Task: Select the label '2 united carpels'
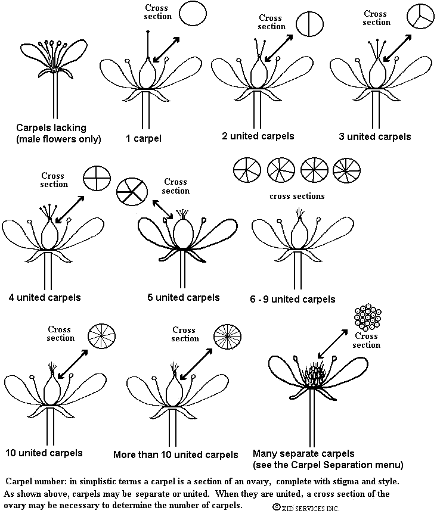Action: [x=258, y=136]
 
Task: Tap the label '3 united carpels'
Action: [x=374, y=136]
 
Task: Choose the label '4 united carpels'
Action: [x=45, y=297]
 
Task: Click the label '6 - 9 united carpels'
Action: [x=292, y=299]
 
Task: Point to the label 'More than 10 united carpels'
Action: [x=176, y=454]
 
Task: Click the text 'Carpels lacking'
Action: [x=51, y=127]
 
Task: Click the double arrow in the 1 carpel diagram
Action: [x=167, y=48]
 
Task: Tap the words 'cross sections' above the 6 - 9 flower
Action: [x=297, y=196]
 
